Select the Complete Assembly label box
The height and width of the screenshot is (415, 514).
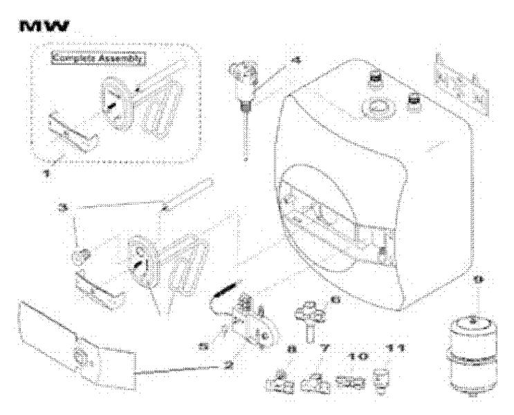click(x=97, y=59)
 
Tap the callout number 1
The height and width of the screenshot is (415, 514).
click(x=46, y=175)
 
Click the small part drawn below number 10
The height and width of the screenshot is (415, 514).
click(x=354, y=381)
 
